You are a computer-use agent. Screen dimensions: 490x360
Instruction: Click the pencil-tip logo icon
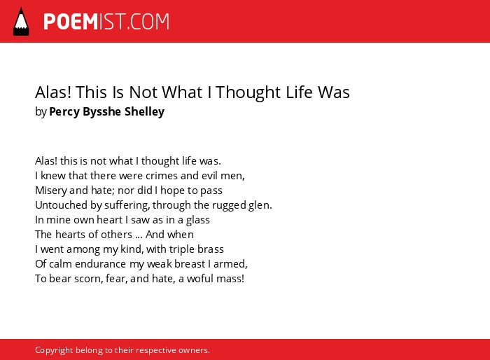point(21,22)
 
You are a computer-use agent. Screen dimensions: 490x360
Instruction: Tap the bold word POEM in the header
point(71,22)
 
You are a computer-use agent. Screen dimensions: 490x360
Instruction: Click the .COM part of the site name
point(148,22)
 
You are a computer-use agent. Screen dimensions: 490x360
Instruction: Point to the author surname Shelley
point(144,111)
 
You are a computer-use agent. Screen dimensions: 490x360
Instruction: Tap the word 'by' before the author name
point(41,111)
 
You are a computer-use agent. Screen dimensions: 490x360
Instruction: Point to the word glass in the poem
point(198,220)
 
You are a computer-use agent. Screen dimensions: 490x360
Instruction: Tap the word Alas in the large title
point(53,92)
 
